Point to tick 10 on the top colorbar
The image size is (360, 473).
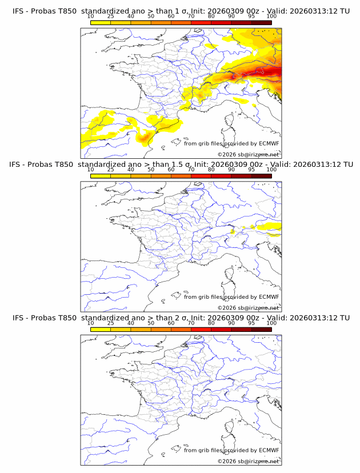pos(91,16)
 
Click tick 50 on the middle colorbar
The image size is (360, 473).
pos(151,170)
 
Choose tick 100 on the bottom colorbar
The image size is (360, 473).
pos(271,323)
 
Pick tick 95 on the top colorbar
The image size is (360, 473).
pos(251,16)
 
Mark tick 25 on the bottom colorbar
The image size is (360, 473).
pos(111,323)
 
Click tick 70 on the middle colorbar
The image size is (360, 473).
pos(191,170)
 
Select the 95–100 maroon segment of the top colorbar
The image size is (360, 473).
pos(261,22)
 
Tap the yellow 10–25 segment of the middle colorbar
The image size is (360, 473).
pos(101,175)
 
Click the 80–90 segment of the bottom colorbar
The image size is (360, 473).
pos(221,329)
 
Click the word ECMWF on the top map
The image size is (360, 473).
pos(269,143)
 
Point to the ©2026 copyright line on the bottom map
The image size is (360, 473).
pos(248,461)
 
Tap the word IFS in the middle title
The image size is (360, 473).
pos(18,165)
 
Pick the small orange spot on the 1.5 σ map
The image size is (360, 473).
pos(233,231)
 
